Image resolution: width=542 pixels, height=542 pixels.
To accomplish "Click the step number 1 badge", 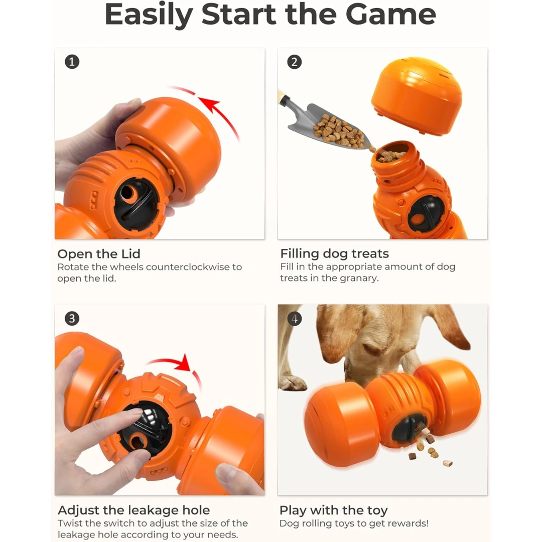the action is pos(72,62).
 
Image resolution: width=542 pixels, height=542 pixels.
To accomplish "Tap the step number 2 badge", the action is pos(295,62).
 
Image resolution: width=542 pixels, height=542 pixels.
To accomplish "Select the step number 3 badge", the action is pos(72,318).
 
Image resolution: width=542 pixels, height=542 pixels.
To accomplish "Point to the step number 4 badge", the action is pos(295,318).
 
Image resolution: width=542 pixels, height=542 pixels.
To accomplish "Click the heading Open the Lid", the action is pos(99,254).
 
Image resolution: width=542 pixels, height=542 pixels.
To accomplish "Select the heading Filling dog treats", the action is pos(335,254).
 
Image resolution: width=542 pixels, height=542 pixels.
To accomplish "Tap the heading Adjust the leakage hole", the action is pos(134,510).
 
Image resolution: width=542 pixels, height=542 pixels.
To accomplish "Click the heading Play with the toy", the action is pos(334,510).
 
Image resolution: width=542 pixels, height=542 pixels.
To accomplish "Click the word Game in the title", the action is pos(390,15).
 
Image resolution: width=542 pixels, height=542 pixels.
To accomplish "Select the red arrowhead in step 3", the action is pos(184,363).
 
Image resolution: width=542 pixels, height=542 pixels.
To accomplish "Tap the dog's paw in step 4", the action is pos(292,382).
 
